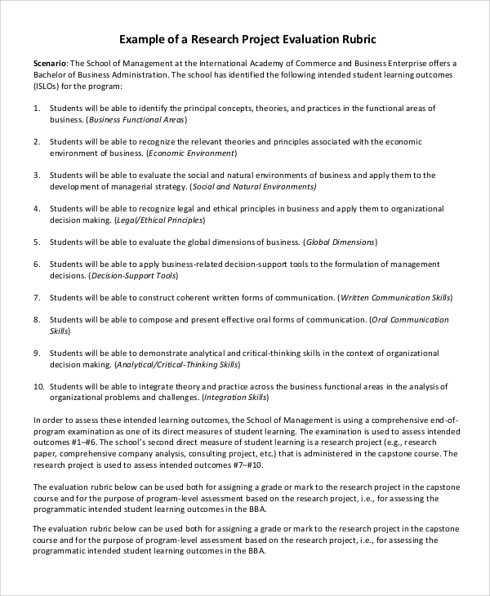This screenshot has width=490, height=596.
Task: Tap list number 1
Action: coord(37,108)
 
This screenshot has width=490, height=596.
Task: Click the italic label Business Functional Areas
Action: coord(136,119)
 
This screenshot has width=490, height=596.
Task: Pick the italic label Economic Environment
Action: coord(191,153)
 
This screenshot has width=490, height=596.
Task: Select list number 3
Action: coord(37,175)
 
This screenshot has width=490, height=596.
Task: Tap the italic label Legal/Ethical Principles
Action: coord(159,220)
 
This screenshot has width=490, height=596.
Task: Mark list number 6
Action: coord(37,265)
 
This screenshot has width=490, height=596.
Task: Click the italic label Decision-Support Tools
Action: coord(129,276)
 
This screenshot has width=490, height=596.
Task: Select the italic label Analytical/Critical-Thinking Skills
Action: coord(177,365)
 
